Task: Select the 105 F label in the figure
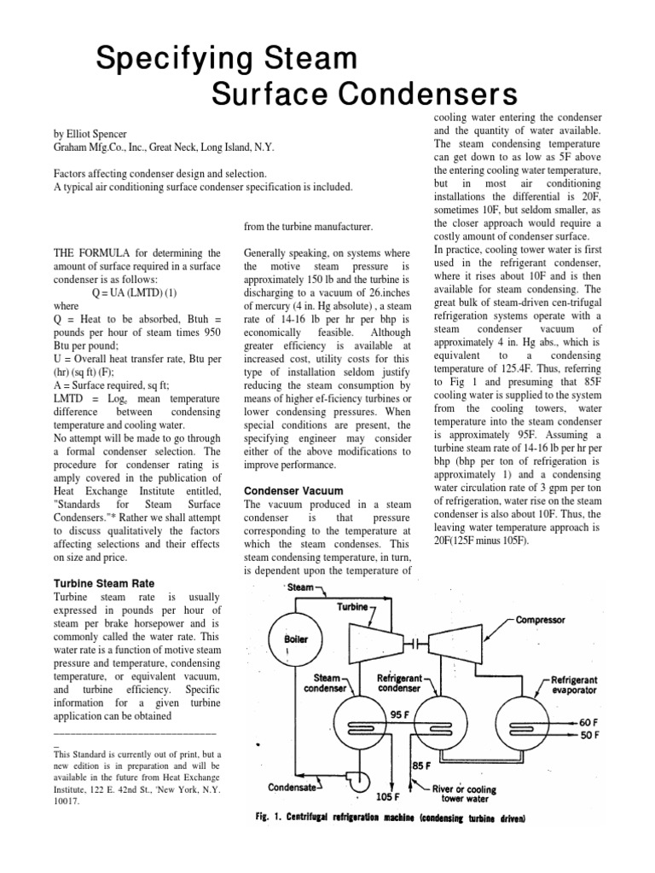coord(389,798)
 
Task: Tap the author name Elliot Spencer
coord(98,133)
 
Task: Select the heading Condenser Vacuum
coord(293,491)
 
